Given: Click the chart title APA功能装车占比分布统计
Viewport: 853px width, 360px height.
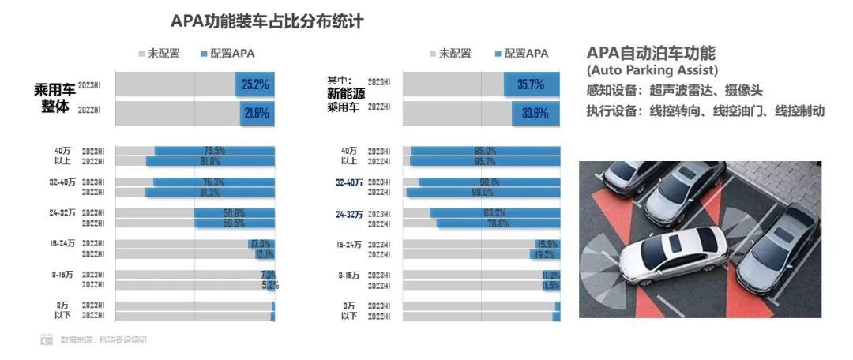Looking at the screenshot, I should pyautogui.click(x=267, y=21).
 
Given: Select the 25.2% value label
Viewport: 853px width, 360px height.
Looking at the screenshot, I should pyautogui.click(x=256, y=84).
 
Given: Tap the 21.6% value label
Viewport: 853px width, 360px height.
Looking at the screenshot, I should pyautogui.click(x=257, y=113).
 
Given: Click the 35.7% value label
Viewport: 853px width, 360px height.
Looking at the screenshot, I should pyautogui.click(x=530, y=84).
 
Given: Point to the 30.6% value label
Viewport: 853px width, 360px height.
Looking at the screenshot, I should pyautogui.click(x=535, y=113).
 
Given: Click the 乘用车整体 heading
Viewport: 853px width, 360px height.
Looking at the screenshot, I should pyautogui.click(x=54, y=97).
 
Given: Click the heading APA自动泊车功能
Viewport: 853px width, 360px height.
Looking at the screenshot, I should pyautogui.click(x=651, y=54).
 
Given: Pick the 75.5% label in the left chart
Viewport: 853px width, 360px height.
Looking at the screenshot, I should pyautogui.click(x=216, y=150).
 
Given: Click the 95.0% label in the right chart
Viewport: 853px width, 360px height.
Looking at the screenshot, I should pyautogui.click(x=484, y=150).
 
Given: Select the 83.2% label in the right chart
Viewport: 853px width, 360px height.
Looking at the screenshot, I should pyautogui.click(x=495, y=212).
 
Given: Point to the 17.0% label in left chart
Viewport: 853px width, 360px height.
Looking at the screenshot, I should pyautogui.click(x=261, y=244).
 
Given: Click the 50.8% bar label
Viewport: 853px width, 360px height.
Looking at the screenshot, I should pyautogui.click(x=235, y=212).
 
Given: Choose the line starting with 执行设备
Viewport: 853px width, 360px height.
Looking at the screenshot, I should pyautogui.click(x=705, y=111).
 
